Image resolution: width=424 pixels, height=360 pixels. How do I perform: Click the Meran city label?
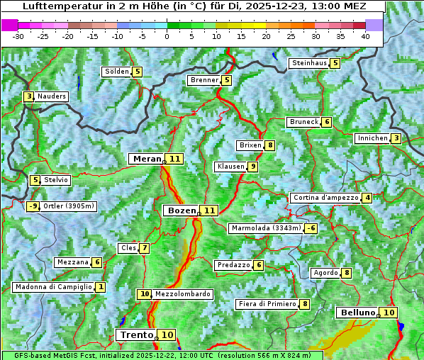[x=147, y=159]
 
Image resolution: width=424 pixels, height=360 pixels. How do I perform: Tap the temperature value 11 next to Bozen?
[x=209, y=210]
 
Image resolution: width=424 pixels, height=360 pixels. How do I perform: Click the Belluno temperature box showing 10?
[x=388, y=313]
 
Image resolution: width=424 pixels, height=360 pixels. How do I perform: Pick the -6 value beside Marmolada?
[x=311, y=228]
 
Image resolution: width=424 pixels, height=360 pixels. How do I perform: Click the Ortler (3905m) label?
[x=69, y=206]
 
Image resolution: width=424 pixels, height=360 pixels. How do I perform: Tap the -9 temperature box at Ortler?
[x=33, y=206]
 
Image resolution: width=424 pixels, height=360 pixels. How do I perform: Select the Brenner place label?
[x=205, y=80]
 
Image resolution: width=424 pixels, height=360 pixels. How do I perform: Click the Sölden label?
[x=117, y=72]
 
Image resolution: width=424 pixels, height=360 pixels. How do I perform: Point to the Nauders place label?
[x=52, y=96]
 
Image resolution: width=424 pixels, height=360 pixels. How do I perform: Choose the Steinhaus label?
[x=309, y=63]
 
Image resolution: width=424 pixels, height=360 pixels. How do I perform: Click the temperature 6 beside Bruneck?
[x=326, y=122]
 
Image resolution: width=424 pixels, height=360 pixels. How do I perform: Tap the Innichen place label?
[x=372, y=138]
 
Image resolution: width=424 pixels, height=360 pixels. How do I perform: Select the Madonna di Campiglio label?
[x=54, y=287]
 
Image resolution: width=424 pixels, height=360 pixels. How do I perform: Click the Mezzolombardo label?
[x=182, y=294]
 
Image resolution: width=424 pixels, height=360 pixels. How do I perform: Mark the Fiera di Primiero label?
[x=267, y=304]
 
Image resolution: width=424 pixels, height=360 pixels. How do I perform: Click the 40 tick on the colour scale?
[x=365, y=36]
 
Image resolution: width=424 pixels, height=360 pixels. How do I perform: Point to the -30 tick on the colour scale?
[x=18, y=36]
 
